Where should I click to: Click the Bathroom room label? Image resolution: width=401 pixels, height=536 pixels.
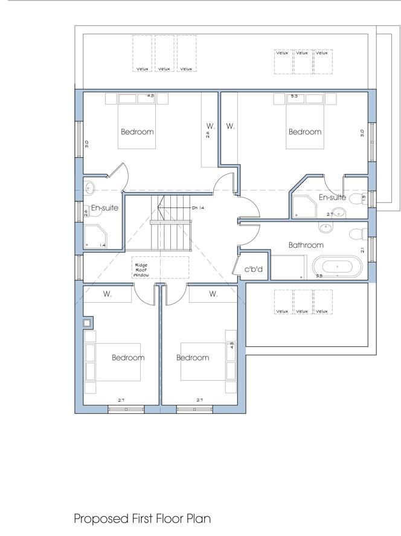click(306, 245)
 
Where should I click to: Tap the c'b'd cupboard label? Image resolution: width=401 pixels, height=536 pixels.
click(253, 269)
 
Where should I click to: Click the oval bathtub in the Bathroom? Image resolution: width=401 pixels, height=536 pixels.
click(336, 266)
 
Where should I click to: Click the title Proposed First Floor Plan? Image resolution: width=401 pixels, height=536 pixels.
click(142, 518)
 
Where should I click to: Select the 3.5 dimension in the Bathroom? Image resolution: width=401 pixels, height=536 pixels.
click(319, 276)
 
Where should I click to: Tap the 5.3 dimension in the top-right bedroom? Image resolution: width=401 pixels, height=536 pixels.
click(294, 96)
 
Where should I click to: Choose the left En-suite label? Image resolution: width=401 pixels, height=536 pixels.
click(104, 208)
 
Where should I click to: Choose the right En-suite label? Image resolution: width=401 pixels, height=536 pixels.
click(332, 197)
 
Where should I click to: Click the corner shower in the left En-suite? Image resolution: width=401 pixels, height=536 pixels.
click(95, 236)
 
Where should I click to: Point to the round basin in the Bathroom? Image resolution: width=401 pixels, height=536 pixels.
click(327, 227)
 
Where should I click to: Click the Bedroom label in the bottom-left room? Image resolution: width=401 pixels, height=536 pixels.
click(128, 357)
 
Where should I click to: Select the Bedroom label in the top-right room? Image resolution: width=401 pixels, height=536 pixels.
click(305, 132)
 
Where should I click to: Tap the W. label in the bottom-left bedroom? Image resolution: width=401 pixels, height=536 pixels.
click(107, 294)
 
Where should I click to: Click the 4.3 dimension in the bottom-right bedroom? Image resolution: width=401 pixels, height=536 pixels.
click(231, 346)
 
